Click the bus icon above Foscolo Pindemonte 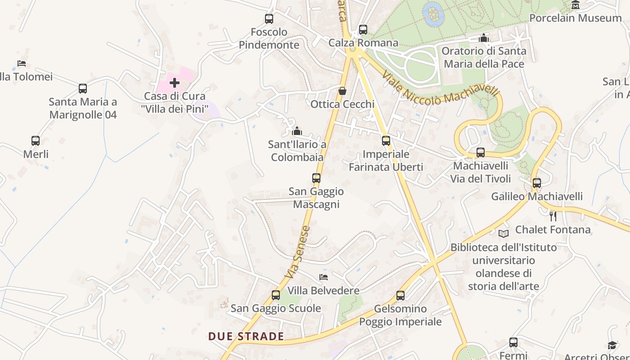tap(269, 19)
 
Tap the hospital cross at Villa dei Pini tap(175, 83)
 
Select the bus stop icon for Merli tap(36, 141)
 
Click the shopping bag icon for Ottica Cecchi tap(342, 91)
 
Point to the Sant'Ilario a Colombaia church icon tap(297, 131)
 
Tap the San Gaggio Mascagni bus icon tap(316, 178)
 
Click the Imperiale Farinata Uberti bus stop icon tap(386, 141)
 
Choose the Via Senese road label tap(298, 252)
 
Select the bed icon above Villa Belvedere tap(324, 277)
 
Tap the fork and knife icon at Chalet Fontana tap(553, 216)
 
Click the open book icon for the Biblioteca tap(504, 234)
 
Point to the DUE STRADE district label tap(246, 336)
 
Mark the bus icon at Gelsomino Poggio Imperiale tap(400, 296)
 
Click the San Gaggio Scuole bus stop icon tap(276, 295)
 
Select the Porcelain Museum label tap(575, 18)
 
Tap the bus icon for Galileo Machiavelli tap(537, 183)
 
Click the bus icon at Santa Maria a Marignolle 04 tap(83, 89)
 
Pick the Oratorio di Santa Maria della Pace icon tap(484, 38)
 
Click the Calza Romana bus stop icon tap(363, 30)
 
